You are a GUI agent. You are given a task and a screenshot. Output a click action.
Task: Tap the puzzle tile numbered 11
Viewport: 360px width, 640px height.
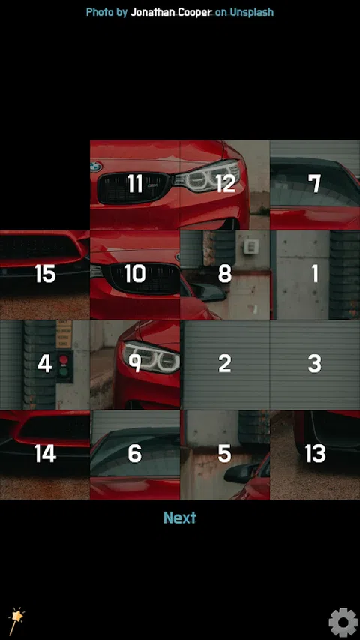[x=135, y=185]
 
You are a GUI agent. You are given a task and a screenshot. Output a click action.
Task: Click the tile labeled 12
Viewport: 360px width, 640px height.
[x=225, y=185]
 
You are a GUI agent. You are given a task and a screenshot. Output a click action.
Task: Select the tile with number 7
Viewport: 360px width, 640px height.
[x=315, y=185]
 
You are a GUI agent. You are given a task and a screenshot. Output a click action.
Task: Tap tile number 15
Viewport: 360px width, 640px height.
[x=45, y=275]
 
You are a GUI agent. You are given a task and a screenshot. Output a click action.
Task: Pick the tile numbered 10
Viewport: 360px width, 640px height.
[x=135, y=275]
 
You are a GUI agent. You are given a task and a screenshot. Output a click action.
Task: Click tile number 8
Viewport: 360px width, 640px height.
[x=225, y=275]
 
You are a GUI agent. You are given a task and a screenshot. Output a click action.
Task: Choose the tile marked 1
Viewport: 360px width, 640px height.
[x=315, y=275]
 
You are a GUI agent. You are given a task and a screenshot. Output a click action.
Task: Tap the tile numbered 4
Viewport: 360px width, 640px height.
[x=45, y=365]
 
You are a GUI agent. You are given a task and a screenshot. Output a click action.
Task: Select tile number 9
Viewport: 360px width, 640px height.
[x=135, y=365]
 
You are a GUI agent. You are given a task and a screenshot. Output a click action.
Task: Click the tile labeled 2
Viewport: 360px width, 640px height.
[x=225, y=365]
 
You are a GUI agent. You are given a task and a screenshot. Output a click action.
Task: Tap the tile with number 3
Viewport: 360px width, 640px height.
[x=315, y=365]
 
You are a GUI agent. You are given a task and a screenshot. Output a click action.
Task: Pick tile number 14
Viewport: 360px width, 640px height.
[x=45, y=455]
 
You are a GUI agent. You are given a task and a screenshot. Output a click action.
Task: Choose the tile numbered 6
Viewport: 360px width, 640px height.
[x=135, y=455]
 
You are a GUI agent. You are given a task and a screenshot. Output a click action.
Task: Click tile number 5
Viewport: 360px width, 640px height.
[x=225, y=455]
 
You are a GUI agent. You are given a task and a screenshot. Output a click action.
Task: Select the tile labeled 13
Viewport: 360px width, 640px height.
[x=315, y=455]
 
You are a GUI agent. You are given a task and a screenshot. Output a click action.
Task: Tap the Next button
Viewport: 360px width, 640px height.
[x=180, y=518]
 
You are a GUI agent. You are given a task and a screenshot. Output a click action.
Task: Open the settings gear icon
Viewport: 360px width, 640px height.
[x=343, y=623]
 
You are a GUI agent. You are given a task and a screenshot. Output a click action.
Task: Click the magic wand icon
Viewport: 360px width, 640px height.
[x=16, y=621]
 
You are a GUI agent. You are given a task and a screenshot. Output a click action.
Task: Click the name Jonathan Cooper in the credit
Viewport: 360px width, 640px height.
[x=171, y=12]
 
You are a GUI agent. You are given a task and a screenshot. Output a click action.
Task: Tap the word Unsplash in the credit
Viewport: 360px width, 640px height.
[x=251, y=12]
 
